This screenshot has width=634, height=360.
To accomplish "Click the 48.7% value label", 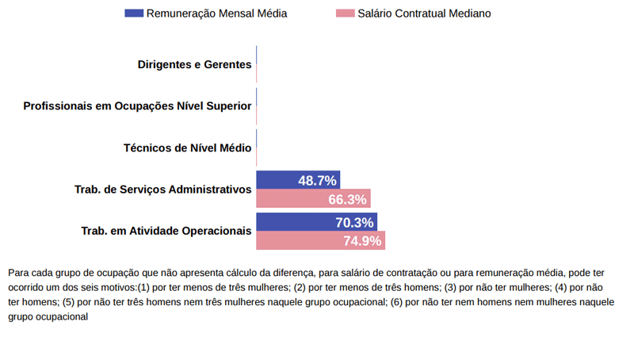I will point(317,181).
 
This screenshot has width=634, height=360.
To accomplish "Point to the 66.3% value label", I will point(347,200).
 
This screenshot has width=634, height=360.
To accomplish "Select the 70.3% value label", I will point(354,223).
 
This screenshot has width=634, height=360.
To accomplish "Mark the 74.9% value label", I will point(362,241).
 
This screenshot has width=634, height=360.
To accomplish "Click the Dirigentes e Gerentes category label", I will point(194,64).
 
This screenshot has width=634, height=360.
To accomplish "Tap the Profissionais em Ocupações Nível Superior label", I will point(137,106).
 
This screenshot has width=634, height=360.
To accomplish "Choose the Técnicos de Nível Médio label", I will point(187,147).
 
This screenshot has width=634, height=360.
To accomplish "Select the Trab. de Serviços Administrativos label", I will point(162,190).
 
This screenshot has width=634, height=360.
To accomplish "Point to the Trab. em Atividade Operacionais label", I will point(166,231).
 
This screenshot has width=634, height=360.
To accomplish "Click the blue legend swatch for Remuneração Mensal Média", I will point(134,13).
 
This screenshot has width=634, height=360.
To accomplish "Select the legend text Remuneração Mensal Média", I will point(216,13).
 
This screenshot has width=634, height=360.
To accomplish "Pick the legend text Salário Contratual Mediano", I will point(424,13).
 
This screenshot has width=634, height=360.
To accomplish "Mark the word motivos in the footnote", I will point(118,286).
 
